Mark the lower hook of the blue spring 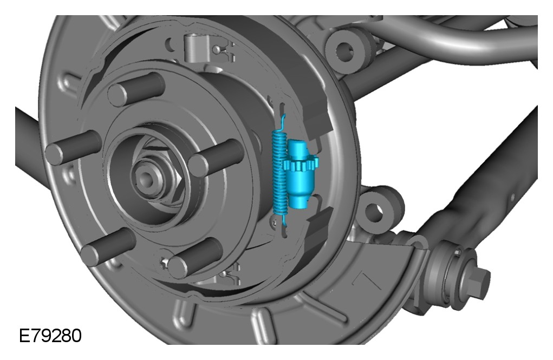point(283,218)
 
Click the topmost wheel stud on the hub point(136,89)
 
